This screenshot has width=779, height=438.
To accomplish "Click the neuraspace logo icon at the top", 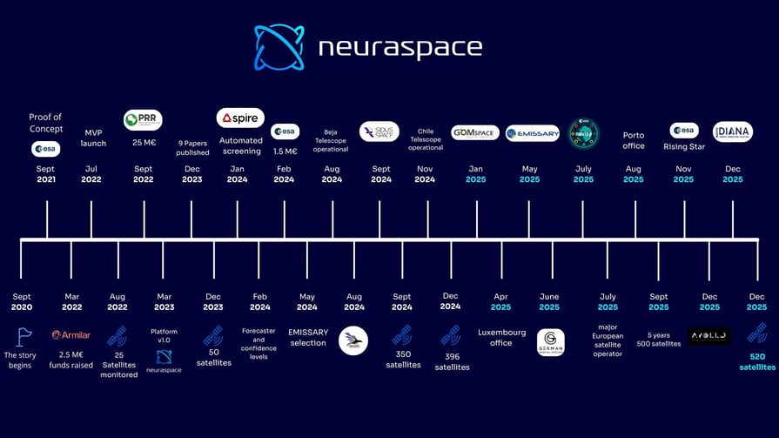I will pyautogui.click(x=279, y=47).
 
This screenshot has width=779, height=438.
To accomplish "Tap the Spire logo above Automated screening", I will pyautogui.click(x=240, y=118).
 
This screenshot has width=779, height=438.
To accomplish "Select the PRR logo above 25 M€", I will pyautogui.click(x=143, y=119).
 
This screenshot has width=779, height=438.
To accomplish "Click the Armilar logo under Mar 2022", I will pyautogui.click(x=71, y=334).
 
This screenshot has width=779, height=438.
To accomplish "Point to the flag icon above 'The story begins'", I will pyautogui.click(x=23, y=336).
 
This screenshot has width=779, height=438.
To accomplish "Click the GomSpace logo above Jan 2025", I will pyautogui.click(x=475, y=132).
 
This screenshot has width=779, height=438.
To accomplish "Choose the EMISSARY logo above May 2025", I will pyautogui.click(x=532, y=133).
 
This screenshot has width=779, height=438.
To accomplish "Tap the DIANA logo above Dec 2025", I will pyautogui.click(x=732, y=132).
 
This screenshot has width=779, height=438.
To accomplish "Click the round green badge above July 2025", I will pyautogui.click(x=583, y=133).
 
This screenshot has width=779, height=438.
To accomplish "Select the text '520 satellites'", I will pyautogui.click(x=756, y=361).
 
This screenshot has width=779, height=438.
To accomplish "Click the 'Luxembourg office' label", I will pyautogui.click(x=500, y=337).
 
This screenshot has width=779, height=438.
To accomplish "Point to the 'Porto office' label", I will pyautogui.click(x=634, y=140).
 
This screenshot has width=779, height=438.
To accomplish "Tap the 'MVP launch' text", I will pyautogui.click(x=93, y=138).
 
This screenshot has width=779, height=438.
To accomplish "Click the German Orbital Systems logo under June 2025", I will pyautogui.click(x=550, y=341).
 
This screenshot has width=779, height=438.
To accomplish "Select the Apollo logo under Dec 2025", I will pyautogui.click(x=709, y=335).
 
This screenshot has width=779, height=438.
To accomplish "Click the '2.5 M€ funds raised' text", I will pyautogui.click(x=71, y=359).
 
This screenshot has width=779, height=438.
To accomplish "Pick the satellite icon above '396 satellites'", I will pyautogui.click(x=451, y=335).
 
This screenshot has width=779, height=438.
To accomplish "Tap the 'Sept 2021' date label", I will pyautogui.click(x=45, y=174).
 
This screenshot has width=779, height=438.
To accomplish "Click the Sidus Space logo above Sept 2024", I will pyautogui.click(x=379, y=131).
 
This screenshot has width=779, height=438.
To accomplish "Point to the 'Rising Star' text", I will pyautogui.click(x=684, y=147).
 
